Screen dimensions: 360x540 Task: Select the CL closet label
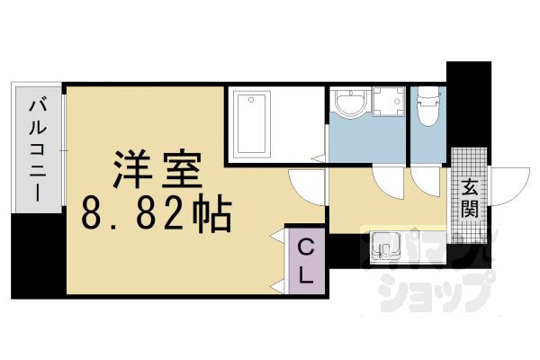pyautogui.click(x=306, y=260)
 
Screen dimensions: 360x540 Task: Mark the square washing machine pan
pyautogui.click(x=388, y=104)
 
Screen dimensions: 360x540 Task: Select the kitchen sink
pyautogui.click(x=384, y=245)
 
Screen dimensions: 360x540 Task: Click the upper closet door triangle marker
pyautogui.click(x=278, y=237)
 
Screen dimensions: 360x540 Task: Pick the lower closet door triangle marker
pyautogui.click(x=278, y=285)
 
